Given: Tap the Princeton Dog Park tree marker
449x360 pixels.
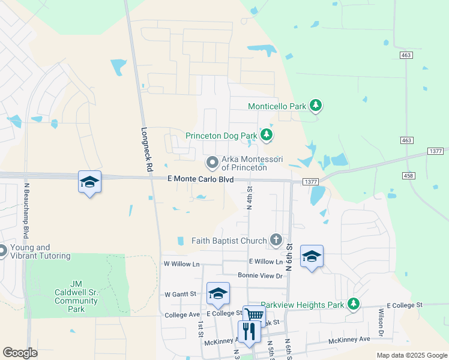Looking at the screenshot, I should pos(267,136).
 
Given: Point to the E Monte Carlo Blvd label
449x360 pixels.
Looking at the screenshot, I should pos(200,179).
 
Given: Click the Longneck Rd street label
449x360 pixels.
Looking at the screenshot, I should pos(145,149).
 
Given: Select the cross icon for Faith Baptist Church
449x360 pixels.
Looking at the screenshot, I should pos(276,241).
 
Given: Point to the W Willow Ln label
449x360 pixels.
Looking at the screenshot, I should pos(181,264).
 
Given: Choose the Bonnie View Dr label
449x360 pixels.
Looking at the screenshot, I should pos(260,275).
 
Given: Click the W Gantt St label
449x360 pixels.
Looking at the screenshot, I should pos(181,294).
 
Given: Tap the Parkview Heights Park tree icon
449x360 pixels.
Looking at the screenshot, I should pos(354,304).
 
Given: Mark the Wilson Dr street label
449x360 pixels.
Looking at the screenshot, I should pos(381,322).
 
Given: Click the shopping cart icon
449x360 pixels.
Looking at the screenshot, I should pos(254,315).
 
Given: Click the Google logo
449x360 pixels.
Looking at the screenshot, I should pos(20,353).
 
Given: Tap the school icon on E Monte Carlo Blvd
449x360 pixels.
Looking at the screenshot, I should pos(89,182).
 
